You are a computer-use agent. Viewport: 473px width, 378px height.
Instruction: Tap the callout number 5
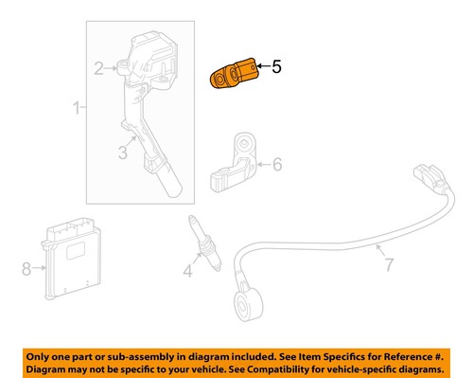(x=276, y=67)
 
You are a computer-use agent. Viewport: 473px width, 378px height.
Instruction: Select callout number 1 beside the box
(x=78, y=112)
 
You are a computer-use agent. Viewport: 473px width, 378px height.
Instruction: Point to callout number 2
(x=97, y=67)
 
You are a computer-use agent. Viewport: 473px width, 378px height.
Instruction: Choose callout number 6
(x=276, y=164)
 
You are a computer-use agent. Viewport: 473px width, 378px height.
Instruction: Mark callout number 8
(x=26, y=269)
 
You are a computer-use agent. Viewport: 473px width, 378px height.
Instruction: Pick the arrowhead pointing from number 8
(x=44, y=269)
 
